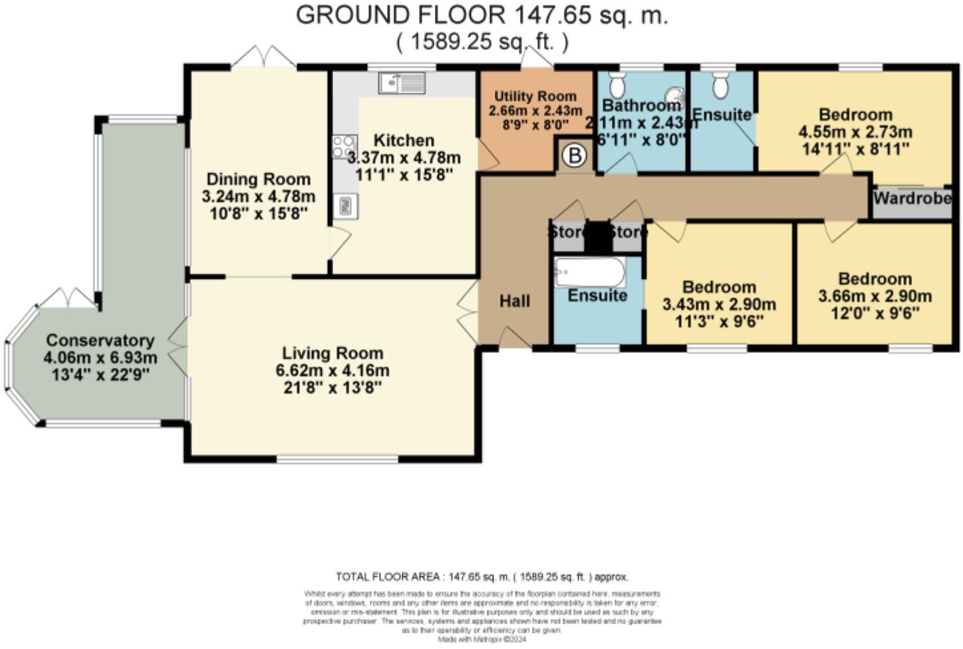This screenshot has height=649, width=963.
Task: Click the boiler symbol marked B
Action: click(x=575, y=156)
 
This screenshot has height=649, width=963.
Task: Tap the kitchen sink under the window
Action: click(x=402, y=83)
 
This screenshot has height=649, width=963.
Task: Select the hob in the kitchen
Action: click(x=344, y=147)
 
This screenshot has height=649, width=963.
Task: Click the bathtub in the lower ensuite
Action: click(x=589, y=272)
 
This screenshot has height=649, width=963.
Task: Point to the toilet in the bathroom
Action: click(x=617, y=84)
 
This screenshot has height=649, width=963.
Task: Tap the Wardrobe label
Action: click(x=912, y=198)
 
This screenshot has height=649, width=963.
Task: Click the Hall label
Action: click(x=515, y=301)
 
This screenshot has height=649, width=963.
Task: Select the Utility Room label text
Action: click(x=535, y=96)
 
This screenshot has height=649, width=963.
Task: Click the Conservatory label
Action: click(x=100, y=340)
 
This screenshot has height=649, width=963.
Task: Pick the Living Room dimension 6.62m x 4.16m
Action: click(x=333, y=370)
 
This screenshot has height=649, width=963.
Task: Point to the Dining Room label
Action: click(x=258, y=179)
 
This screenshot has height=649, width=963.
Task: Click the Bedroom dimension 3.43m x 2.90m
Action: click(x=719, y=305)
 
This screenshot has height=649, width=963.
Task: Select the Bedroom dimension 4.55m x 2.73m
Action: click(x=855, y=132)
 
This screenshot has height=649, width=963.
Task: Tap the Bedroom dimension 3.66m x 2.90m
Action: click(x=875, y=296)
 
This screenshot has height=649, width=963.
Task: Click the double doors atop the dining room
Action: click(x=267, y=57)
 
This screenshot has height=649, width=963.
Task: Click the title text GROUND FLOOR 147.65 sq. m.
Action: click(x=481, y=15)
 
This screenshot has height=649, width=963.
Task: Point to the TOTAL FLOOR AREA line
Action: click(x=481, y=577)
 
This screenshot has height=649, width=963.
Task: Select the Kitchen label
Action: click(x=404, y=140)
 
